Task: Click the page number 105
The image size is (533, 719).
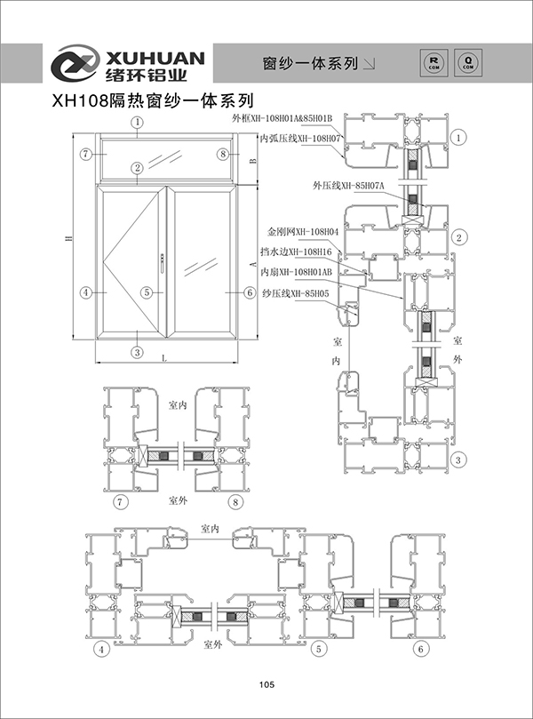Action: (266, 684)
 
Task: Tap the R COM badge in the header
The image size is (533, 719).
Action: (434, 61)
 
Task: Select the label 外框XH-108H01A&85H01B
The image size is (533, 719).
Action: (282, 118)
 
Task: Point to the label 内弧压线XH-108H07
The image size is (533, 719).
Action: (300, 139)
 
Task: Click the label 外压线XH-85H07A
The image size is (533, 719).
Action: (347, 187)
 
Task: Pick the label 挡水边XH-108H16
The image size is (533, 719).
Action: (303, 252)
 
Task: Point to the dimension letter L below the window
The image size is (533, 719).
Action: (166, 356)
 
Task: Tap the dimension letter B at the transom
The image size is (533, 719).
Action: (252, 161)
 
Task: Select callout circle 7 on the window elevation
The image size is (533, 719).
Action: (85, 154)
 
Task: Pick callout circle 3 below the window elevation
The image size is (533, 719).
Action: (138, 352)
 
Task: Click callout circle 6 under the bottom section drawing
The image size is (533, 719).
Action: (420, 650)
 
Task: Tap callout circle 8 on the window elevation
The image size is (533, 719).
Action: (222, 154)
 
